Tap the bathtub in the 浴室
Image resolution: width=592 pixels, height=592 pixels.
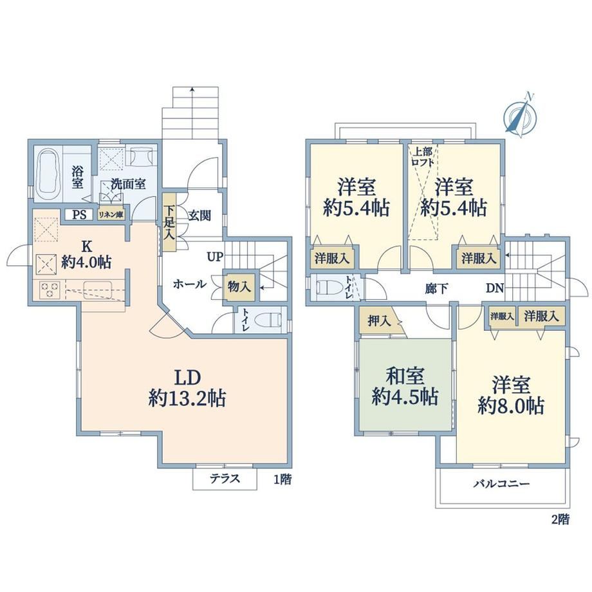click(48, 175)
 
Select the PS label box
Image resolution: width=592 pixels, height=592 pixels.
click(80, 215)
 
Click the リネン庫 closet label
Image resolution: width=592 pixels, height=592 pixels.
click(111, 215)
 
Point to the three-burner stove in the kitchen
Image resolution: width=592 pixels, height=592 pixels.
click(49, 289)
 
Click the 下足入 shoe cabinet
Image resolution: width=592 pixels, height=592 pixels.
click(169, 223)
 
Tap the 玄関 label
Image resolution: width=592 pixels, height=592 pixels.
click(199, 216)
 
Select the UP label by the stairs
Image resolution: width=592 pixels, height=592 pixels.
click(214, 257)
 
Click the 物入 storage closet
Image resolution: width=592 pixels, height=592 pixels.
click(239, 287)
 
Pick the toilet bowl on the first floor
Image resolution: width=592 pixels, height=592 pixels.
click(268, 320)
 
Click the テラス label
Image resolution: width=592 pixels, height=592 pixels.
click(225, 479)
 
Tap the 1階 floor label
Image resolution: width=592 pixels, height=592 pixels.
click(282, 479)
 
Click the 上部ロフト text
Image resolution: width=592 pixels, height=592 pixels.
click(422, 157)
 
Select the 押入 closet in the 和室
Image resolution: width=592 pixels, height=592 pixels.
click(379, 321)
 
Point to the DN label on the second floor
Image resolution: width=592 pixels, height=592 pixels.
click(495, 288)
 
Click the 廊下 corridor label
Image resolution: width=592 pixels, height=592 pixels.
click(436, 288)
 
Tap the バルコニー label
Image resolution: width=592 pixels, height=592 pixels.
click(502, 484)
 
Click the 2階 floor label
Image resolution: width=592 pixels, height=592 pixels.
click(560, 519)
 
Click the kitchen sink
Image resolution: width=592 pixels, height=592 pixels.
click(97, 290)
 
